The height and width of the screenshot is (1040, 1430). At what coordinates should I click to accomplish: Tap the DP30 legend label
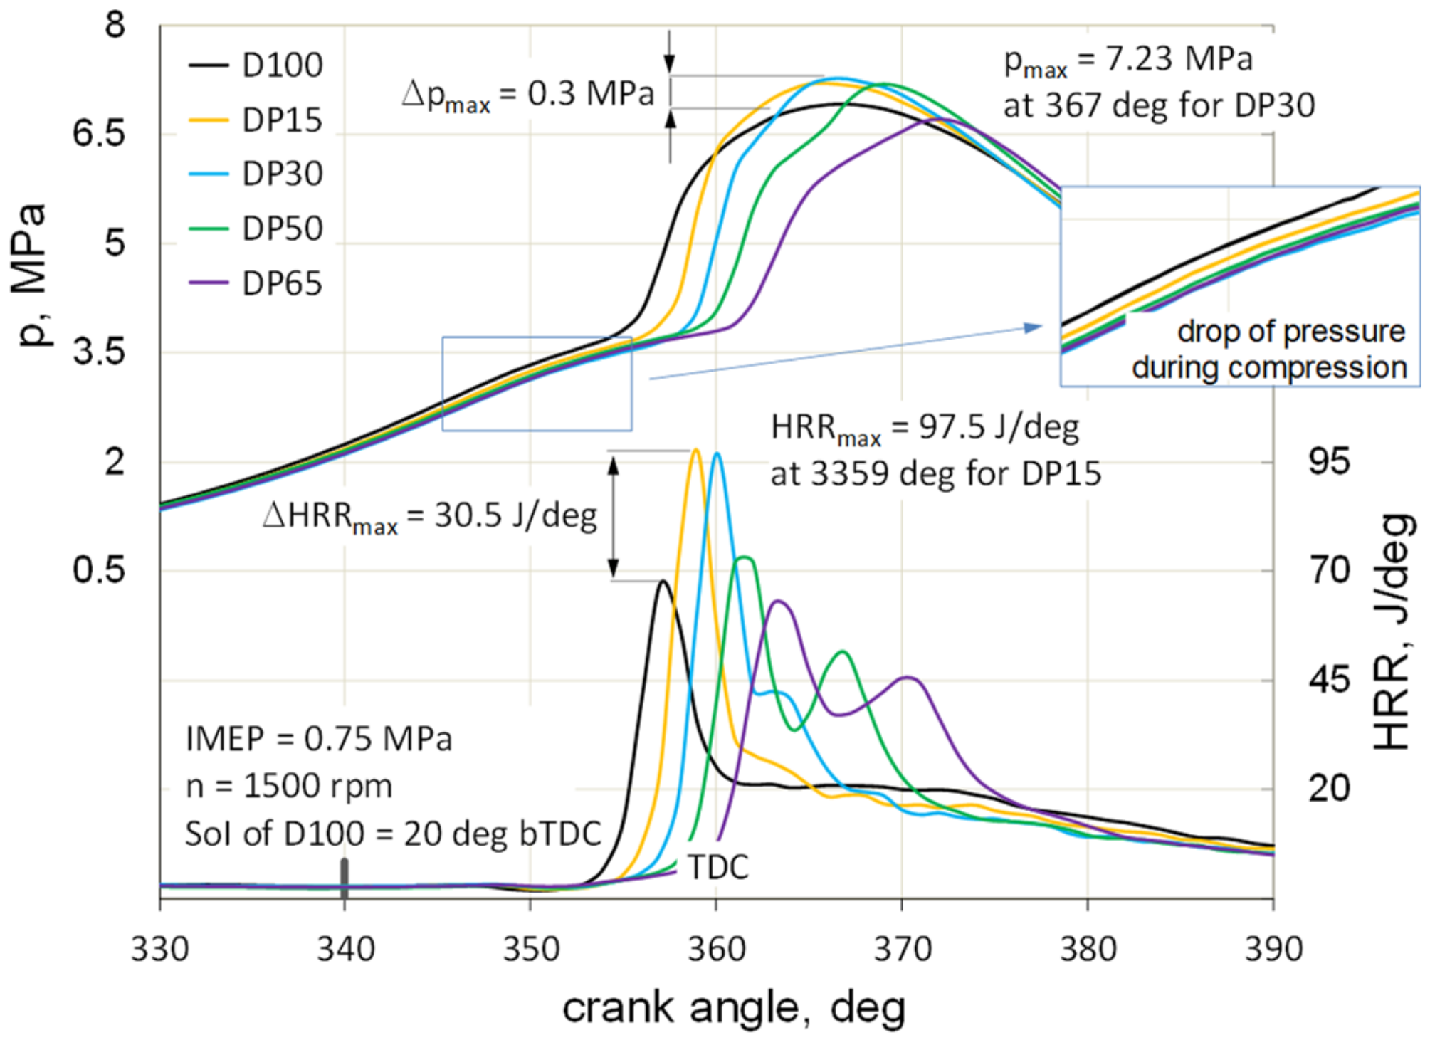click(282, 174)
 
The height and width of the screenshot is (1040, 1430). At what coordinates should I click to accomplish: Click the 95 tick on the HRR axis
click(1329, 462)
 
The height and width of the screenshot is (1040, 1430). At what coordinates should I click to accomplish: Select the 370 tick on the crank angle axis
click(902, 950)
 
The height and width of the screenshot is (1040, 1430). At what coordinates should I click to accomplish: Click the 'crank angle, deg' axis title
click(733, 1008)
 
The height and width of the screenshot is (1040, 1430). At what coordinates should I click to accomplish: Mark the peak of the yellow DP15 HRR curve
click(695, 450)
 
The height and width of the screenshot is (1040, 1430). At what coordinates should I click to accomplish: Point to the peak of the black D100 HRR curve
click(663, 582)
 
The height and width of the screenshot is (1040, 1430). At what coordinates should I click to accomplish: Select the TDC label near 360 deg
click(717, 867)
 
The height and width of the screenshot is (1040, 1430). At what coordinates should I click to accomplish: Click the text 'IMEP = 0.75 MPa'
click(318, 739)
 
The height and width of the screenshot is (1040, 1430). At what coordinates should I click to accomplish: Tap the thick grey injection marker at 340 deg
click(345, 879)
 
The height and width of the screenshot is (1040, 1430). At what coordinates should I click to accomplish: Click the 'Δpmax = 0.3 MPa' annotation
click(527, 95)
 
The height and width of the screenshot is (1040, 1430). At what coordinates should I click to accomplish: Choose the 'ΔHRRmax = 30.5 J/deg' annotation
click(429, 516)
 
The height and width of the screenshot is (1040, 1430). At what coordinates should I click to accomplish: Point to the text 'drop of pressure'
click(1290, 332)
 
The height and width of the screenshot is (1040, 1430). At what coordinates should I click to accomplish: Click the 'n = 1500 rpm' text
click(289, 787)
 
